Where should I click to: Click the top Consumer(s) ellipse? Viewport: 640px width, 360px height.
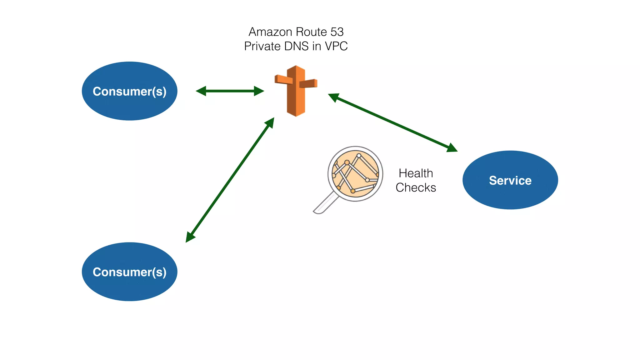[x=129, y=91]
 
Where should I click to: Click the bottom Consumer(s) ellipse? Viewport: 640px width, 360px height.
[x=129, y=272]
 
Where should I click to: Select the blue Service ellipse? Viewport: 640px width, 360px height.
[x=510, y=180]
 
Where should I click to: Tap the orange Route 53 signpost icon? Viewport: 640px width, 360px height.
[x=296, y=91]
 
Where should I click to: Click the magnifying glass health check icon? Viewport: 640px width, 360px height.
[x=355, y=174]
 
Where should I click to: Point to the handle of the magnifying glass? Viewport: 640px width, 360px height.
[x=325, y=204]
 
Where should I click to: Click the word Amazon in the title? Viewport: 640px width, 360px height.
[x=270, y=32]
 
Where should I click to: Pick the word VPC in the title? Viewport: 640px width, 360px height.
[x=336, y=46]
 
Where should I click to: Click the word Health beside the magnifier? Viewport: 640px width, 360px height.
[x=416, y=173]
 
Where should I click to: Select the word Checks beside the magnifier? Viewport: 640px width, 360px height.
[x=416, y=187]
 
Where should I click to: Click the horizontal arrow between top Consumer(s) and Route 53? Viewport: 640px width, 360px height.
[x=230, y=91]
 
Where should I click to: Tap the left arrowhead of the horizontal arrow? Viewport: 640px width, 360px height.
[x=201, y=91]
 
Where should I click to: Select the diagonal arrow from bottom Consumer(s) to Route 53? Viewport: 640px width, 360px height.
[x=230, y=180]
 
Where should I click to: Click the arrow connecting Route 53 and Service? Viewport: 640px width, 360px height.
[x=392, y=122]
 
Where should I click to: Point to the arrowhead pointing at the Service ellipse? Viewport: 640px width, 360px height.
[x=452, y=148]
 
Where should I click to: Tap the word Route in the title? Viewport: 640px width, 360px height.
[x=311, y=32]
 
